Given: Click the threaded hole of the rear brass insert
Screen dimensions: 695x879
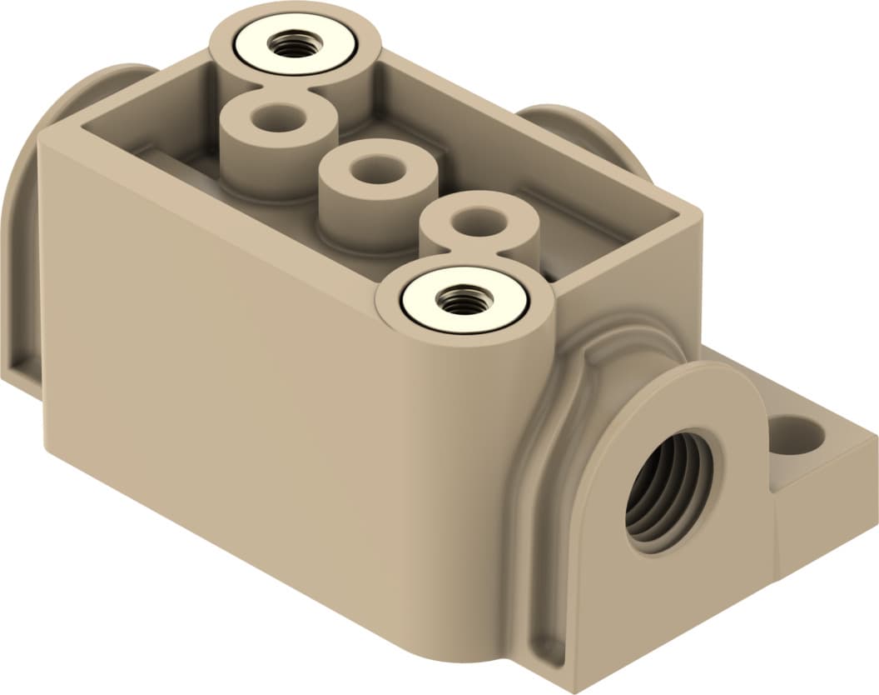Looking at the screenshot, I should click(291, 47).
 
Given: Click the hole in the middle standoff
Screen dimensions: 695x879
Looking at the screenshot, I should click(377, 170).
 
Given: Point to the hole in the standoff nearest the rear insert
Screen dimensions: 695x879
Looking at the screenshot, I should click(279, 118).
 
